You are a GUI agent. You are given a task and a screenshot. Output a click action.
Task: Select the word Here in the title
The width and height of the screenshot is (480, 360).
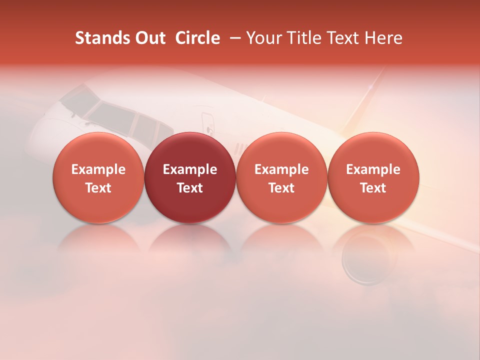[384, 38]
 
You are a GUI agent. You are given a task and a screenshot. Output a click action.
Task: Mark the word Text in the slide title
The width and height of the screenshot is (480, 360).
[346, 38]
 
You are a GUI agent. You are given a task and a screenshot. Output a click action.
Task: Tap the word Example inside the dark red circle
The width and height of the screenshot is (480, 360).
[190, 169]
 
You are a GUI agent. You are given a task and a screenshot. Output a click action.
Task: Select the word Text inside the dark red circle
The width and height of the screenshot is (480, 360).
[190, 188]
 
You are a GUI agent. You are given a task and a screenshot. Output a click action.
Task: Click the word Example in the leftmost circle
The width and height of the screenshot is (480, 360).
[98, 169]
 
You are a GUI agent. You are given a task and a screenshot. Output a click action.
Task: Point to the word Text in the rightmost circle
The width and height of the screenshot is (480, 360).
[373, 188]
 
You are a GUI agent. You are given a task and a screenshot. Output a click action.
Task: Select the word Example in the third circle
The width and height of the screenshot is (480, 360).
[281, 169]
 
